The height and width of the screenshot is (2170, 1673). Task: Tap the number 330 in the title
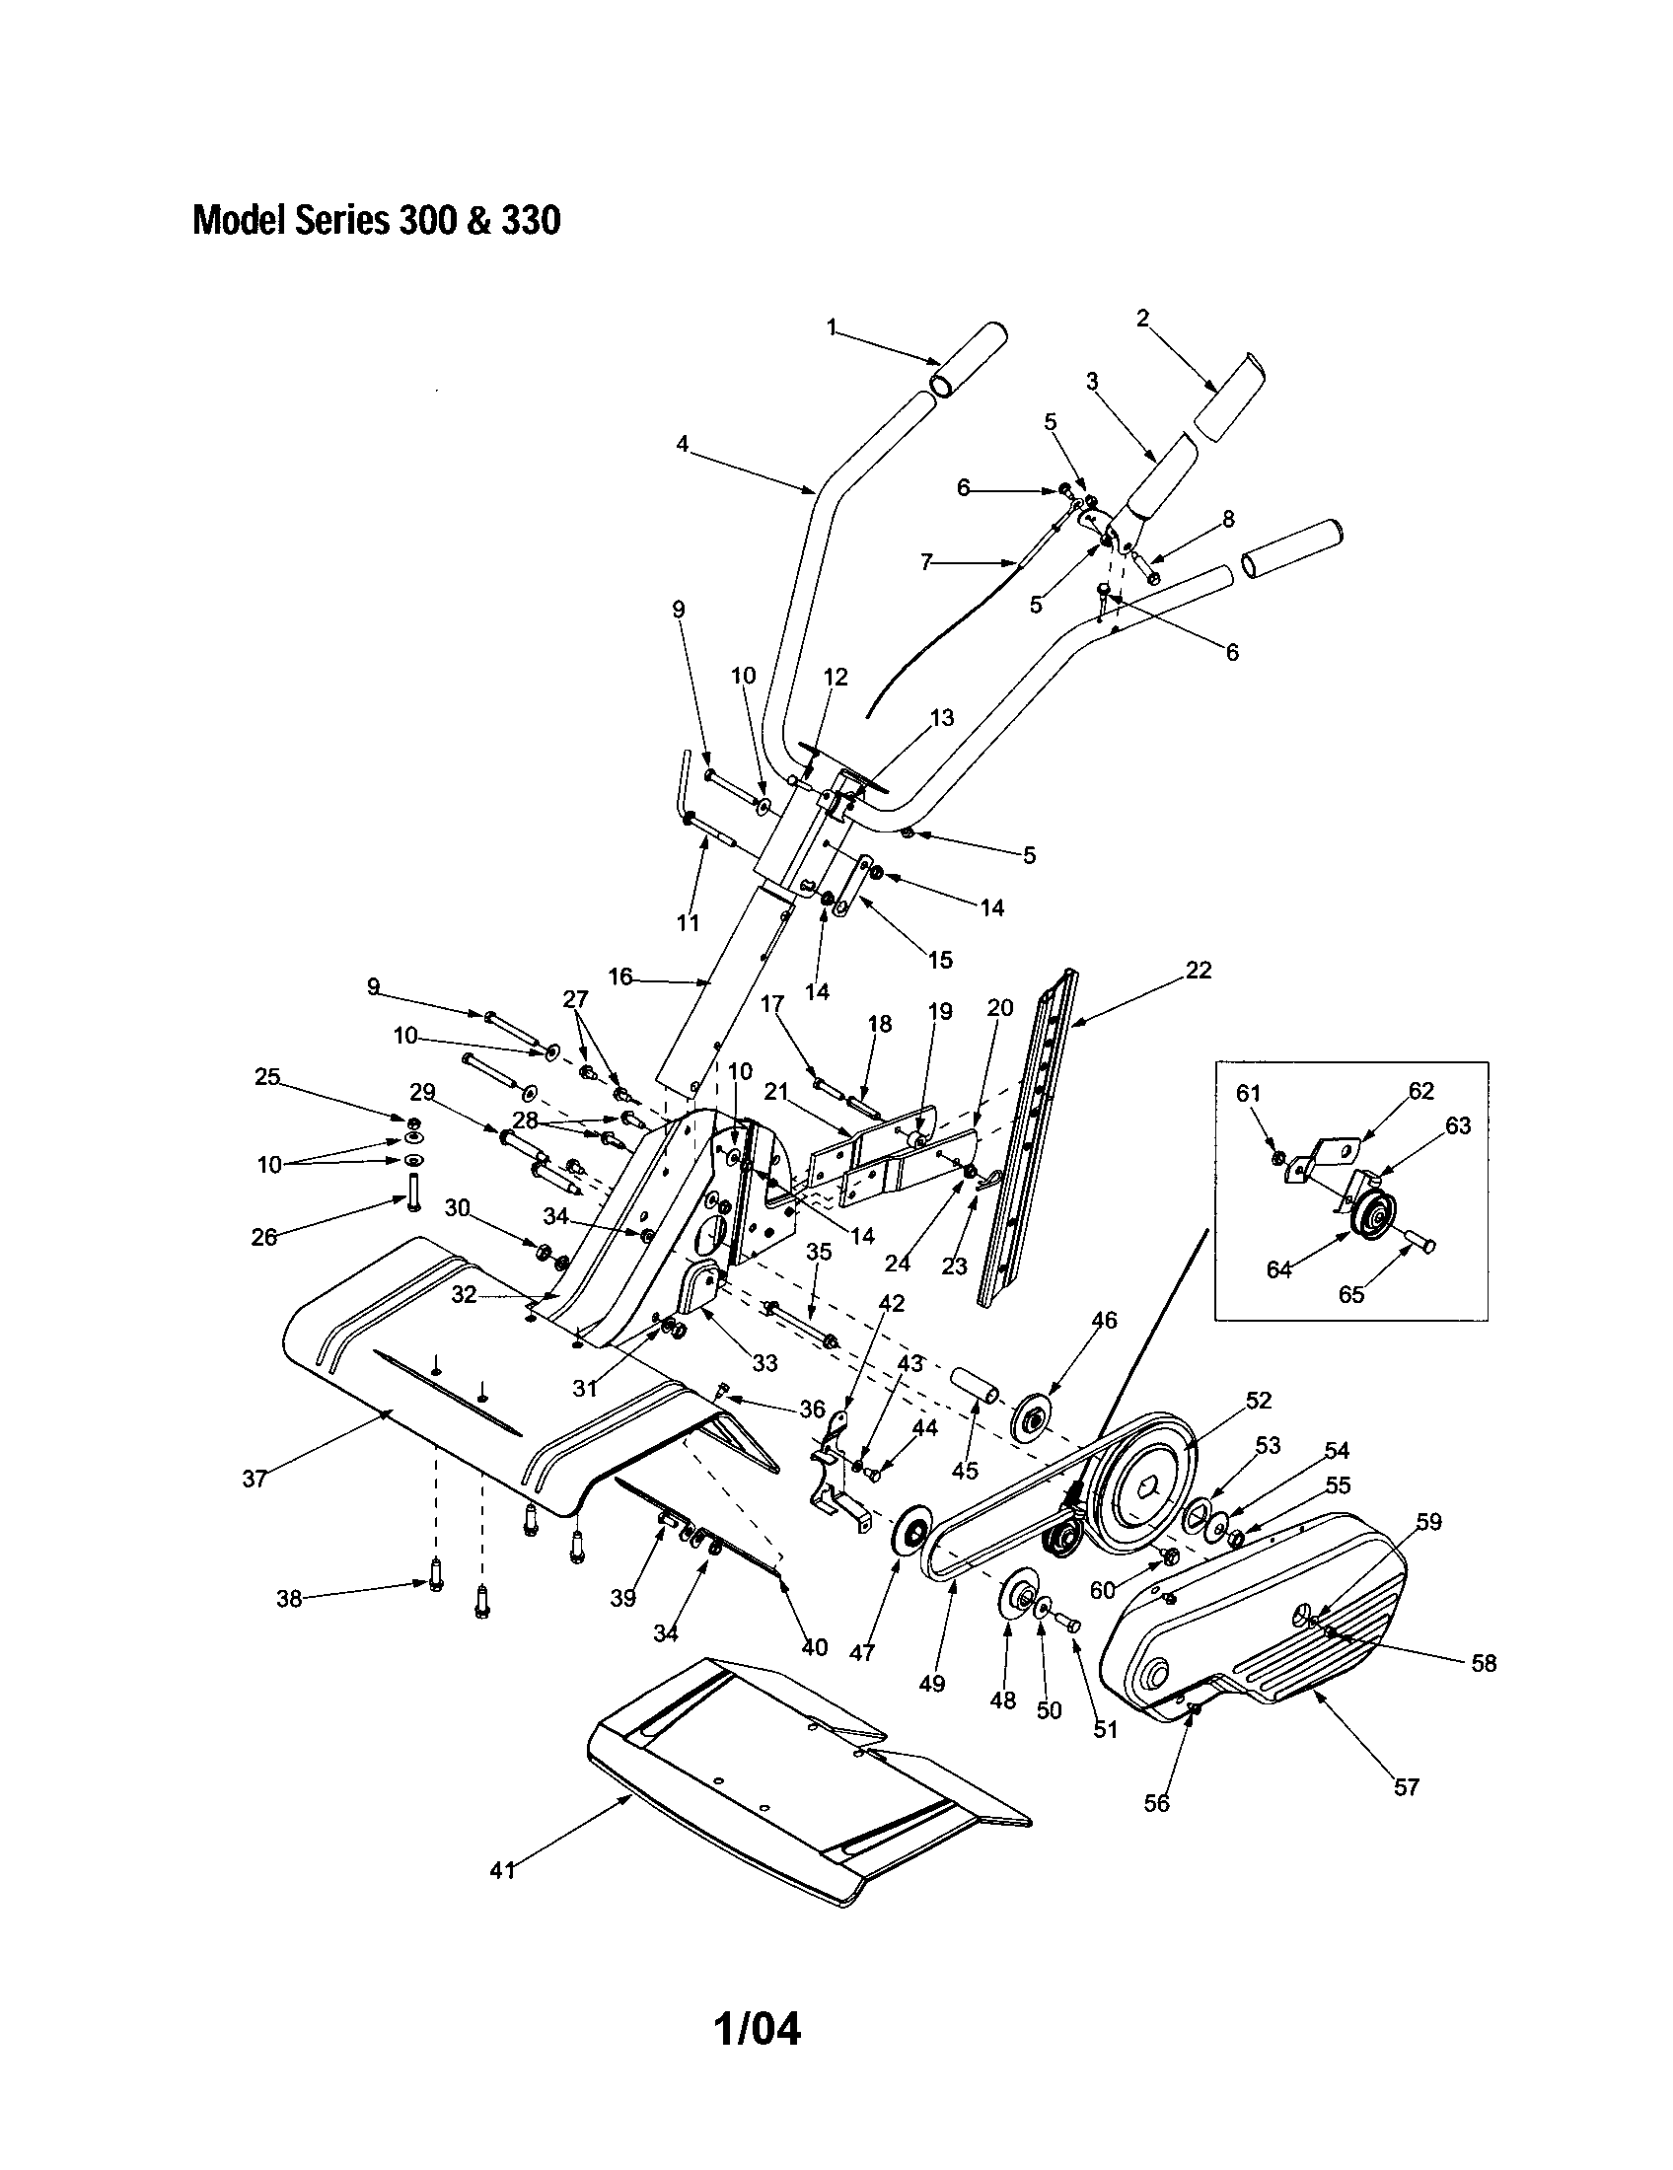(x=531, y=221)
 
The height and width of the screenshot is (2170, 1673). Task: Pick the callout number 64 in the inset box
(x=1278, y=1268)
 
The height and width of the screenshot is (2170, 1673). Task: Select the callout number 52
(x=1259, y=1400)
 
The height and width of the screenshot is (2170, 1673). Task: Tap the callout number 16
(x=619, y=976)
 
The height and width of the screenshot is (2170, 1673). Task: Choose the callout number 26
(x=263, y=1237)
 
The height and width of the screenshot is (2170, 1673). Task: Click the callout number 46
(x=1105, y=1321)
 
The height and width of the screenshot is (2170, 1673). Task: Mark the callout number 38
(x=289, y=1600)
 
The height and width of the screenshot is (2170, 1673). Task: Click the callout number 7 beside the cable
(x=926, y=563)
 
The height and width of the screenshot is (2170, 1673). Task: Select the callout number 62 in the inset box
(x=1421, y=1091)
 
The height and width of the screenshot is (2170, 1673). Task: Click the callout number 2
(x=1142, y=318)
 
